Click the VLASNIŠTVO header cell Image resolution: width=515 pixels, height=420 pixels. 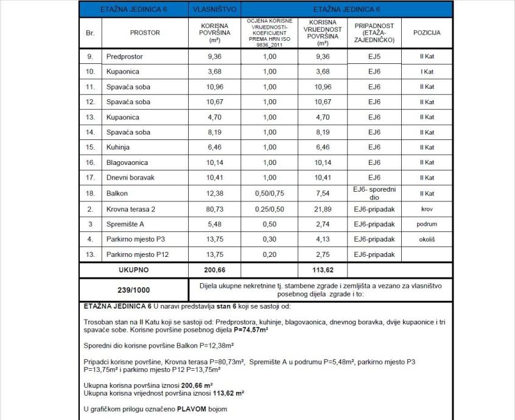[214, 10]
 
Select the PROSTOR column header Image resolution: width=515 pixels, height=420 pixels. [145, 33]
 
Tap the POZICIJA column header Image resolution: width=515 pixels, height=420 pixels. [427, 33]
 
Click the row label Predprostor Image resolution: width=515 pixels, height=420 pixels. [125, 57]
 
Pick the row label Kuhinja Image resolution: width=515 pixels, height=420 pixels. [119, 147]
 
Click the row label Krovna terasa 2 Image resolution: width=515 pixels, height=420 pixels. [130, 209]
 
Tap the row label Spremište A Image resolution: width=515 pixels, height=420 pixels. [125, 224]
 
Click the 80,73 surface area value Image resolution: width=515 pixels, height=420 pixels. [214, 209]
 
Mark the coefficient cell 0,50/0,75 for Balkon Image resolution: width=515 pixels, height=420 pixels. [270, 194]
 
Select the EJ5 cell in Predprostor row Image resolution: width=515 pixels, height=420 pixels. [374, 57]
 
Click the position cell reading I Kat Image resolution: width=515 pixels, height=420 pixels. [427, 72]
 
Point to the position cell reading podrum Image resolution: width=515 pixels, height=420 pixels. [427, 224]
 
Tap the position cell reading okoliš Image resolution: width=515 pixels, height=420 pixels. [427, 239]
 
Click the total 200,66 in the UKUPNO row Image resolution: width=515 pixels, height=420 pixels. [214, 270]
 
